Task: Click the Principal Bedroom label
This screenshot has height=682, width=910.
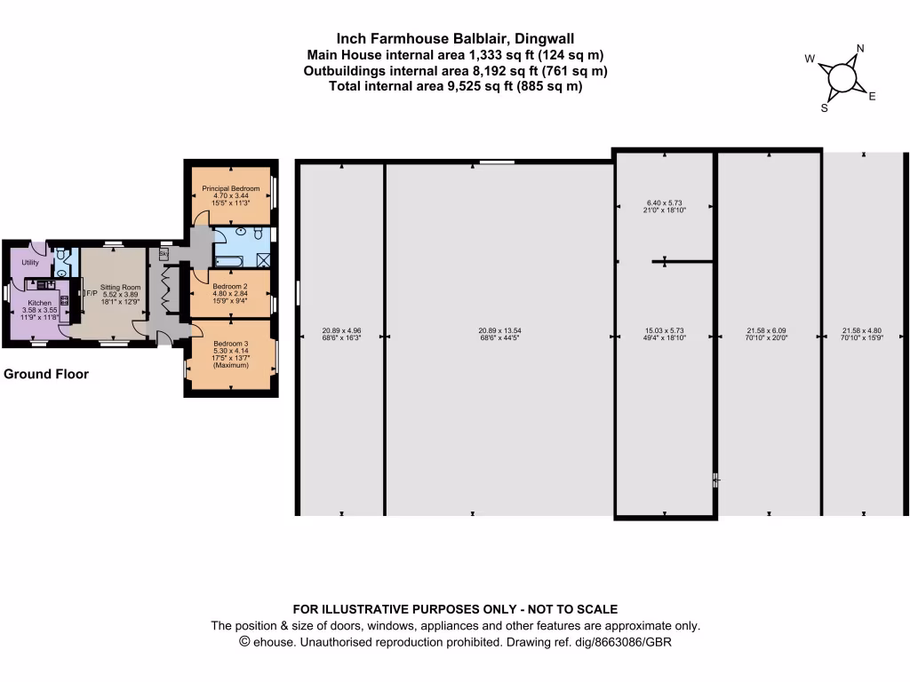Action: (x=231, y=188)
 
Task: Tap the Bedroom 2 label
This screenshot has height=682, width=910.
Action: (x=230, y=286)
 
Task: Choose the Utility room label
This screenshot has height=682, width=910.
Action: (x=31, y=263)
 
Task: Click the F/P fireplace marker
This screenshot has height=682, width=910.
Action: (x=90, y=293)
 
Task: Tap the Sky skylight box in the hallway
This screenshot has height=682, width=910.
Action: (x=164, y=254)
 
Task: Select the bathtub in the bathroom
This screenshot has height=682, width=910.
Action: (x=229, y=260)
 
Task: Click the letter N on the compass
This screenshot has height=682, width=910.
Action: (x=859, y=49)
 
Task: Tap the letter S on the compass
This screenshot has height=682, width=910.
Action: (x=824, y=108)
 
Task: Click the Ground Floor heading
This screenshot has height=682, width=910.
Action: (x=46, y=374)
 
